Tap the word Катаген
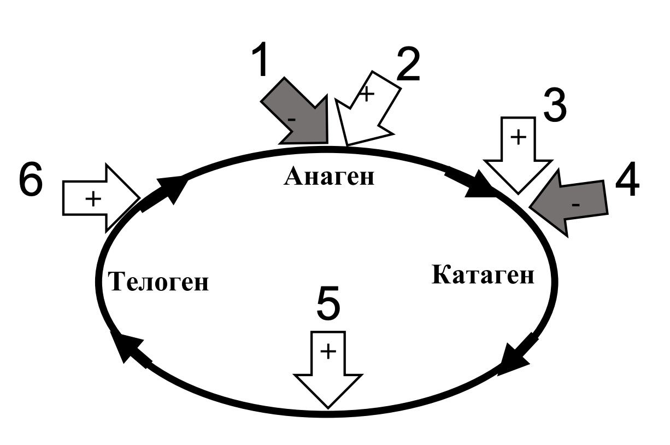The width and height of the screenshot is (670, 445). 483,275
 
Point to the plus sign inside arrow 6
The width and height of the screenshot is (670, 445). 93,200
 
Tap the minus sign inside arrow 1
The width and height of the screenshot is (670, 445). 292,118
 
